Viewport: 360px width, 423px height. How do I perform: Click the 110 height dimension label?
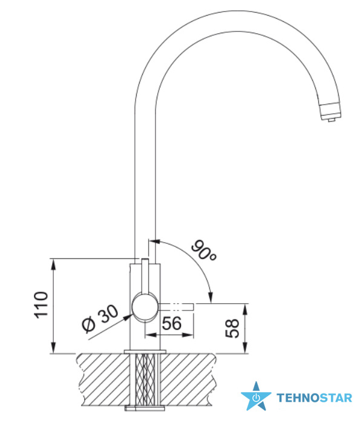(41, 304)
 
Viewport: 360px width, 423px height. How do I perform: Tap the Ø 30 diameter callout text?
(100, 318)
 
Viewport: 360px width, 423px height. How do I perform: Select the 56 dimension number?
(172, 323)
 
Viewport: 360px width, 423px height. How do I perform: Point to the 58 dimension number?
(232, 328)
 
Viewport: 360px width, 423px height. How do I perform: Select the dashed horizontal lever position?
(177, 307)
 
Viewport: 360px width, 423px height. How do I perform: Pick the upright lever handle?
(145, 275)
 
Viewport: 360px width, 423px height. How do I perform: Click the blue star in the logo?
(256, 396)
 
